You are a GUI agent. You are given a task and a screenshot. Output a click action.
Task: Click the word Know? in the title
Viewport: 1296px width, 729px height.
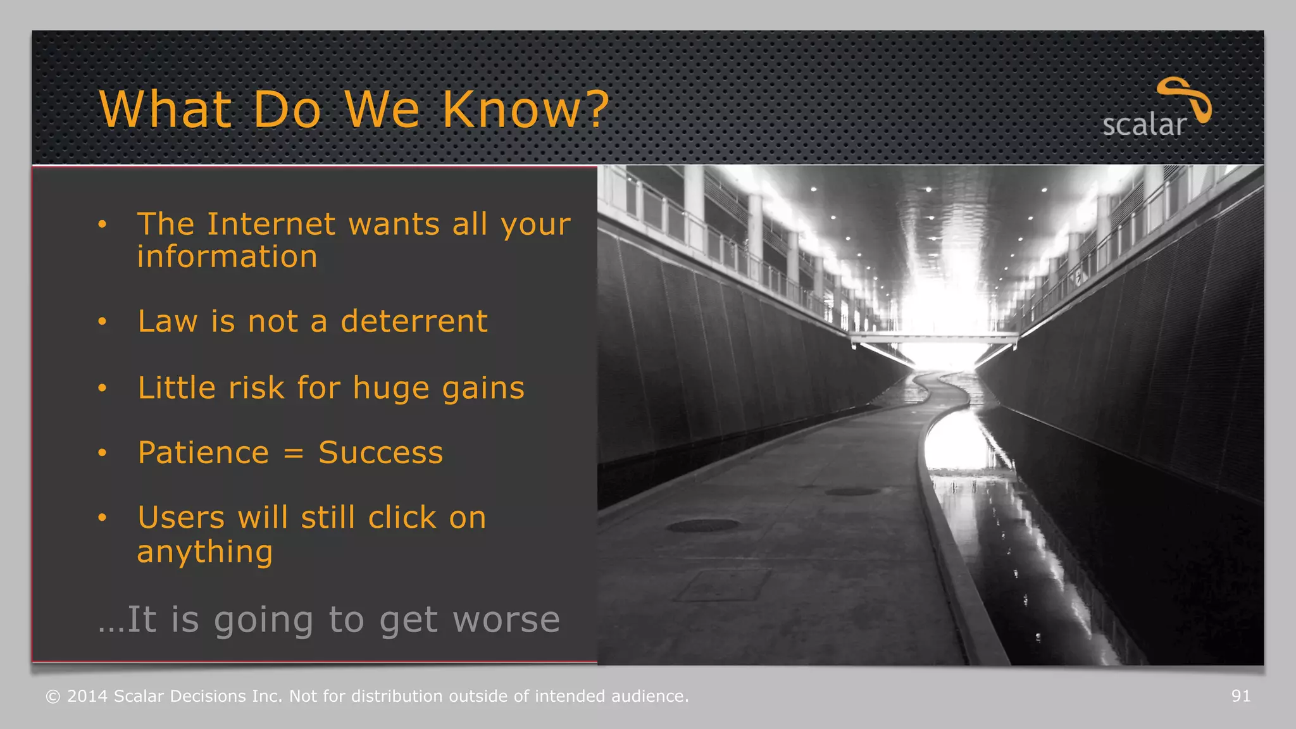click(525, 109)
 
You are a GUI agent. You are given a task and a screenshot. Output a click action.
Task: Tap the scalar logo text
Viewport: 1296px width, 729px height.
click(1143, 125)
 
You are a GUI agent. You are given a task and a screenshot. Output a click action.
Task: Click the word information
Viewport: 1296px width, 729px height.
click(227, 257)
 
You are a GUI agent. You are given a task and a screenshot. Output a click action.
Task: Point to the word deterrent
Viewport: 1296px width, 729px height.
click(414, 321)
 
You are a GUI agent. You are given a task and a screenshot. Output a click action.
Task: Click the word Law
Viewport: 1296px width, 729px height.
click(168, 321)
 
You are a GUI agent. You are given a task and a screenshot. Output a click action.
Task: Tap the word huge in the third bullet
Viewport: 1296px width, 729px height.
click(390, 388)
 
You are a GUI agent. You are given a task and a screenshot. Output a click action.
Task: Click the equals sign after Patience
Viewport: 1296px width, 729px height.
click(294, 453)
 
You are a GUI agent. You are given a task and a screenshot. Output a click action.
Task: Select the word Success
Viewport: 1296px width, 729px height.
click(380, 452)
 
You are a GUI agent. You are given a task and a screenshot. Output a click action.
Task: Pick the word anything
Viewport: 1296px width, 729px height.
click(205, 552)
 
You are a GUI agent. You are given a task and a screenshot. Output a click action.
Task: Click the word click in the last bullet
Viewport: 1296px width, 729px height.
click(402, 518)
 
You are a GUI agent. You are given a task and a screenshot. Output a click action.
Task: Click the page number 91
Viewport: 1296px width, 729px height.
click(1240, 696)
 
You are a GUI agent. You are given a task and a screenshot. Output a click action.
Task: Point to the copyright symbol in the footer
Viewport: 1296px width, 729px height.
click(53, 697)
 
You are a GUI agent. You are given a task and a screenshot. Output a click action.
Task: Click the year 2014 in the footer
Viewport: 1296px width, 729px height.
click(87, 696)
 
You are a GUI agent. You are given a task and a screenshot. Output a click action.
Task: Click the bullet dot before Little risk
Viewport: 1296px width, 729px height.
click(103, 388)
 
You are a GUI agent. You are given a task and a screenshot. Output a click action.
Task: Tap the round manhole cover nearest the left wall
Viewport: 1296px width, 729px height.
click(702, 525)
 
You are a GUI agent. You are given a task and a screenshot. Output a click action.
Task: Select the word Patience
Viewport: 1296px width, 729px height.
click(204, 453)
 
